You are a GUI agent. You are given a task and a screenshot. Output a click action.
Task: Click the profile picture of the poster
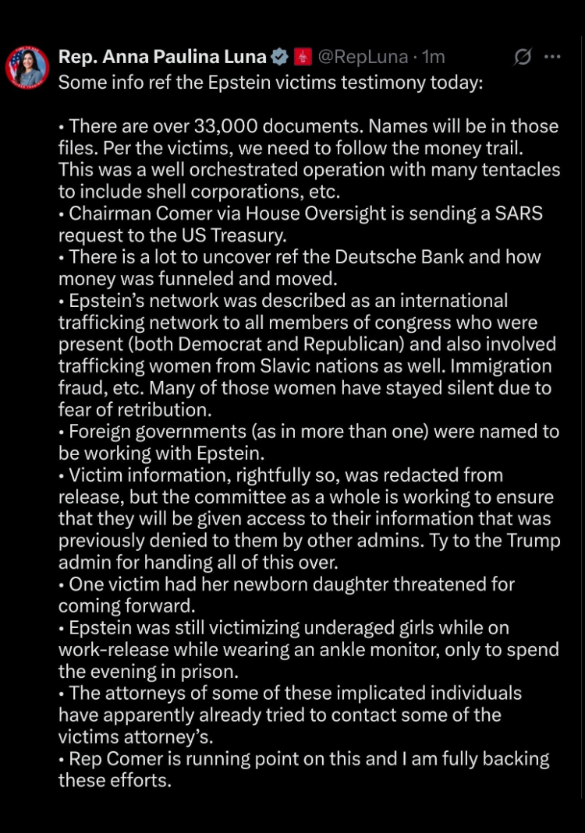[x=27, y=67]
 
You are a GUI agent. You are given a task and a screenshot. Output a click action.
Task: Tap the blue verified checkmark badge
[x=279, y=57]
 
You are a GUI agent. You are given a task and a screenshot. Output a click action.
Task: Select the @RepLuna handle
[x=363, y=57]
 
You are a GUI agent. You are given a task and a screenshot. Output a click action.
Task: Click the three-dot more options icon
[x=552, y=57]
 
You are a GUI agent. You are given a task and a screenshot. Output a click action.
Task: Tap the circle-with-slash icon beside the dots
[x=523, y=57]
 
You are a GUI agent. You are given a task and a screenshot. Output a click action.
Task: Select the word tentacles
[x=515, y=170]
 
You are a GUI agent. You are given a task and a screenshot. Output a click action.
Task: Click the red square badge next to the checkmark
[x=303, y=57]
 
